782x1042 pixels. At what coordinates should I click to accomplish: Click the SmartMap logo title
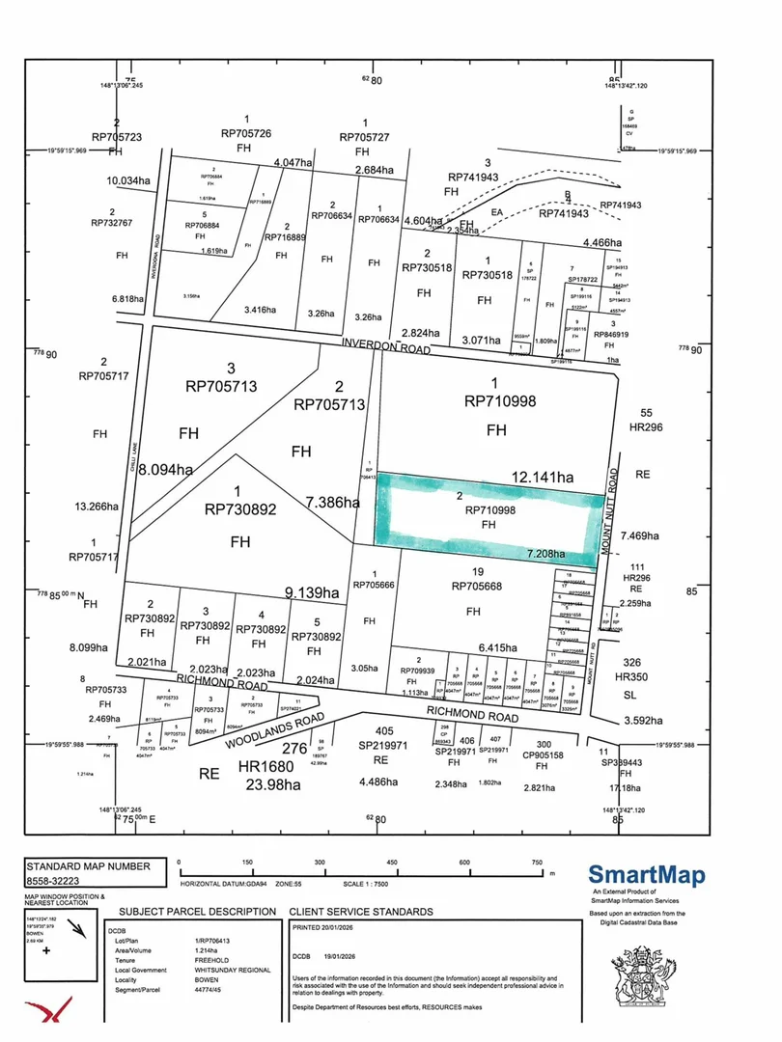[647, 876]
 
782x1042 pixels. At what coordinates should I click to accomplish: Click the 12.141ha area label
[545, 477]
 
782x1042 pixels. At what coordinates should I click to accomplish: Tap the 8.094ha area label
[165, 470]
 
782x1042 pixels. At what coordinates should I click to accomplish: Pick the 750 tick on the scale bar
[537, 863]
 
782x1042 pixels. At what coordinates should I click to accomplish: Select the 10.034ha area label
[127, 179]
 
